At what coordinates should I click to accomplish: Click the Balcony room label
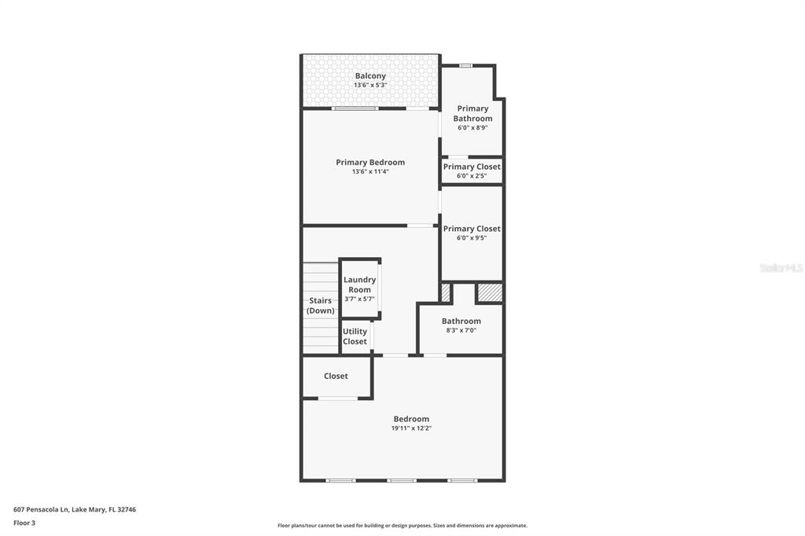point(370,76)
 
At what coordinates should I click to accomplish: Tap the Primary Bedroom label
point(370,163)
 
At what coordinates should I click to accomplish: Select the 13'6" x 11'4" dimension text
point(370,171)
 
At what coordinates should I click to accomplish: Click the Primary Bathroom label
point(472,114)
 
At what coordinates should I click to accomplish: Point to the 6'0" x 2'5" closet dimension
point(472,176)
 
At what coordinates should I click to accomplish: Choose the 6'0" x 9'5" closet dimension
point(472,238)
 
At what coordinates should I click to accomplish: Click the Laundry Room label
point(360,285)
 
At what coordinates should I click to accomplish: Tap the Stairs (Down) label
point(321,306)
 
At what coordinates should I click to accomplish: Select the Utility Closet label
point(355,336)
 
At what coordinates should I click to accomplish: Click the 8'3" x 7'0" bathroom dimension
point(461,330)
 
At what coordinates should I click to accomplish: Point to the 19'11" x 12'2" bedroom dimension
point(411,428)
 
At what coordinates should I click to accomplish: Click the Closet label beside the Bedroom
point(336,376)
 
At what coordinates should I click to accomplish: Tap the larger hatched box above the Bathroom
point(490,292)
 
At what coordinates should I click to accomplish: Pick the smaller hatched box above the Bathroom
point(446,292)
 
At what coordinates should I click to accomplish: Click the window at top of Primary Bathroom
point(465,65)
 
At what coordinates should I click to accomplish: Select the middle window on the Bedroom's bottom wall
point(402,480)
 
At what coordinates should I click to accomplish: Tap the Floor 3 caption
point(24,523)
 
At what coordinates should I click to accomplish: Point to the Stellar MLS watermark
point(781,268)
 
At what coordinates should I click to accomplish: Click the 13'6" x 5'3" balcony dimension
point(370,85)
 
